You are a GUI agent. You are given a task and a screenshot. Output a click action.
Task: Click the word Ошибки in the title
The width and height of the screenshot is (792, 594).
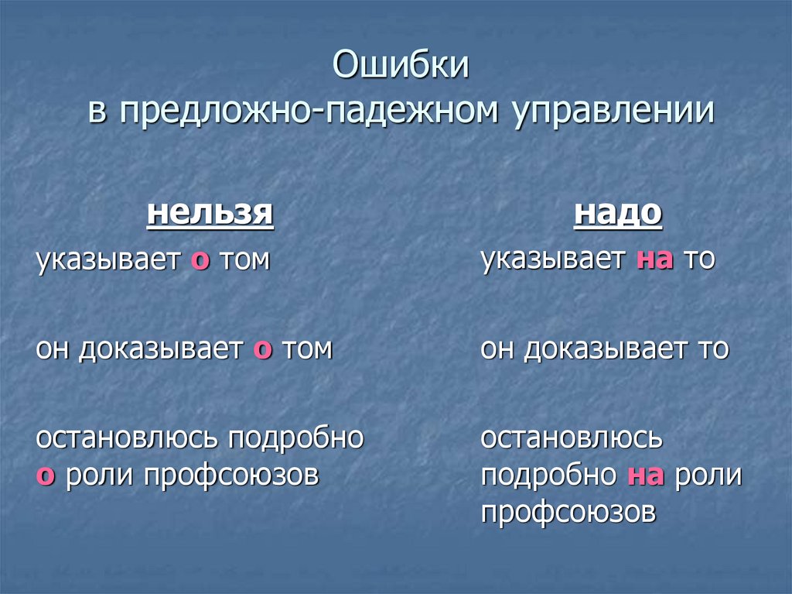click(401, 67)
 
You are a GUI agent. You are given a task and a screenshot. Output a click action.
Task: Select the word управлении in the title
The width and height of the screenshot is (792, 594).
click(611, 112)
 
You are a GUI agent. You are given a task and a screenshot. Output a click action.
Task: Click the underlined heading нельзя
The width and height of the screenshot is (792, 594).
click(210, 213)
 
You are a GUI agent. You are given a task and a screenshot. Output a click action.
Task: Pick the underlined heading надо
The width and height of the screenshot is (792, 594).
click(618, 213)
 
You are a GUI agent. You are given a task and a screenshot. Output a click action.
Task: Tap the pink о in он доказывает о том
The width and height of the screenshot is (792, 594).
click(263, 350)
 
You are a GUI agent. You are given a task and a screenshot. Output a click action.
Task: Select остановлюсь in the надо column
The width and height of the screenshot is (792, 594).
click(572, 438)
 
